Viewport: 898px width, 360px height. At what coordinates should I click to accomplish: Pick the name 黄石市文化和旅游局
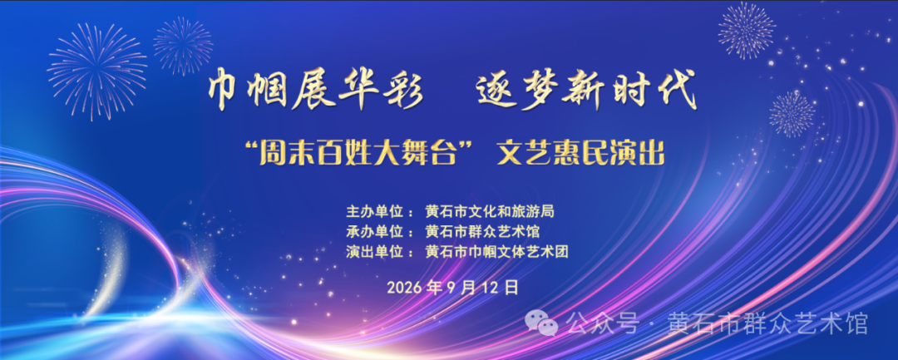pos(490,212)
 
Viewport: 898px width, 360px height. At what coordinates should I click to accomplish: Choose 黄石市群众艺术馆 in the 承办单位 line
pos(482,232)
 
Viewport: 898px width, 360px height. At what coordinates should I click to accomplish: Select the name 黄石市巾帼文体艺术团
pos(496,251)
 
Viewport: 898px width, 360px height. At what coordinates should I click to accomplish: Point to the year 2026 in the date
pos(405,287)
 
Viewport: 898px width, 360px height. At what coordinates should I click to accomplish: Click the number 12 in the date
pos(495,287)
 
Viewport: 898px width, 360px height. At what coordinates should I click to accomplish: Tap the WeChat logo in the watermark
pos(541,324)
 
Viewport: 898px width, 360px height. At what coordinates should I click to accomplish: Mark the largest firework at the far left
pos(97,71)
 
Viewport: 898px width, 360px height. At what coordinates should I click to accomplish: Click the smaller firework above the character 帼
pos(183,46)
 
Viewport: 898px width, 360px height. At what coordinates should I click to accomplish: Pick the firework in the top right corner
pos(747,30)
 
